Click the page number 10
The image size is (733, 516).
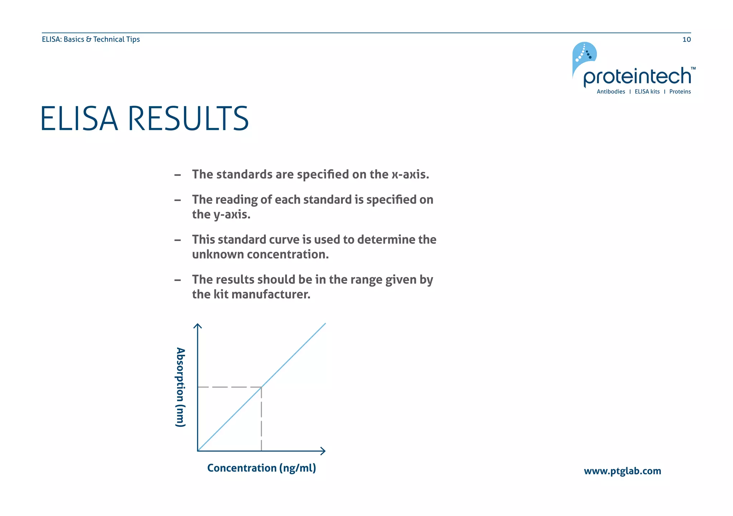pos(686,39)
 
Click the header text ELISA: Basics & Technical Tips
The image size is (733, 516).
pos(91,39)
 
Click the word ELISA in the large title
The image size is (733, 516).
pos(79,119)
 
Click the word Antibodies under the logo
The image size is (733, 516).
pos(611,92)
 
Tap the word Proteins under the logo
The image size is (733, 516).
pos(680,92)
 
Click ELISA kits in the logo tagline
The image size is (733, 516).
pos(647,92)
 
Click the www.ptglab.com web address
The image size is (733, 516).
pos(622,471)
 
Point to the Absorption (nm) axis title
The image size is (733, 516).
pos(180,387)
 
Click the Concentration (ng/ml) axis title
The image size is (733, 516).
pos(261,468)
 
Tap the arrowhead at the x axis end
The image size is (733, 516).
pos(323,451)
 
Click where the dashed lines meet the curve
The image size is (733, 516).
pos(261,387)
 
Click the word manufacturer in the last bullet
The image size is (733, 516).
pos(271,294)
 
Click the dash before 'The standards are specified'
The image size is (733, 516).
pos(177,175)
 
